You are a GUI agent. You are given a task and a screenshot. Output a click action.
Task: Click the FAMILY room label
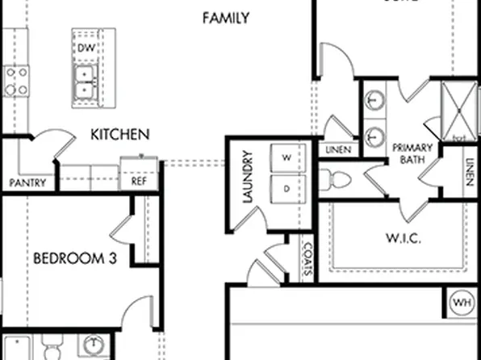225,18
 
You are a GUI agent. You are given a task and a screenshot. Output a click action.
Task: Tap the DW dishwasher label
86,49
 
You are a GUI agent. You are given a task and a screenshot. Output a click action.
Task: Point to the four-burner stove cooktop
16,81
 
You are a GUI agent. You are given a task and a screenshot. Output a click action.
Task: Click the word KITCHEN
119,133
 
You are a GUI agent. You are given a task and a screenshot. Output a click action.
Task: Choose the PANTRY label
27,183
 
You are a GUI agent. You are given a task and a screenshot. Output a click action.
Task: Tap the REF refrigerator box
139,182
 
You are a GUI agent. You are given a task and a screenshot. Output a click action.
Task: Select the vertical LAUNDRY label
248,178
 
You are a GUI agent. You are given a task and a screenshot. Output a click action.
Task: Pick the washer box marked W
286,157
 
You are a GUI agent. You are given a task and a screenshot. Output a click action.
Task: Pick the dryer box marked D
286,188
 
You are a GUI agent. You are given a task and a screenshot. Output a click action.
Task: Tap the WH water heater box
462,303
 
